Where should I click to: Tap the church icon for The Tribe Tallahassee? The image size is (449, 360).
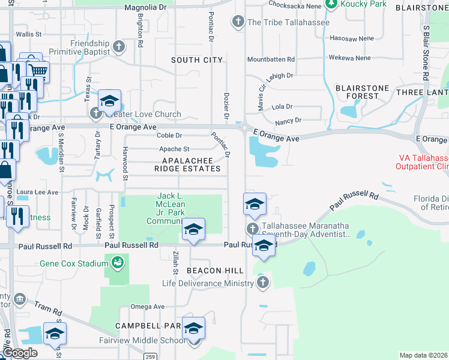(238, 22)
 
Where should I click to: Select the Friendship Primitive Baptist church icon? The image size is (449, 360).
(119, 46)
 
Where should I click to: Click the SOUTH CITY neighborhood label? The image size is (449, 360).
(197, 60)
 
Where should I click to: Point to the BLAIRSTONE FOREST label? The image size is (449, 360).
(362, 92)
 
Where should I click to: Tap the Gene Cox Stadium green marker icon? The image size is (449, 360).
(116, 262)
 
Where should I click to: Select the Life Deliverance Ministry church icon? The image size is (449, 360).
(262, 283)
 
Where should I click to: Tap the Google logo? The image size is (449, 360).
(20, 353)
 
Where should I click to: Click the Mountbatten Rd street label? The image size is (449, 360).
(271, 59)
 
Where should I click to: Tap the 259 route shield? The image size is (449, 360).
(150, 356)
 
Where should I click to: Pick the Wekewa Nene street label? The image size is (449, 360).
(350, 58)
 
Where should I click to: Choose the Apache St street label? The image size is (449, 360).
(173, 149)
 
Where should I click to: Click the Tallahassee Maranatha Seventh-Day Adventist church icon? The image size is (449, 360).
(252, 229)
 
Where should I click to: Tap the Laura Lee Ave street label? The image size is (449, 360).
(37, 192)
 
